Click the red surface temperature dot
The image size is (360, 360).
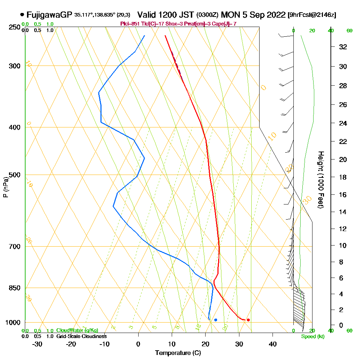(x=248, y=320)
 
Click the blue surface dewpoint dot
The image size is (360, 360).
(x=216, y=320)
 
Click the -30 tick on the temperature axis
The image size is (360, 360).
(x=37, y=344)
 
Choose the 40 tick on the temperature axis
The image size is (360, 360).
(x=273, y=344)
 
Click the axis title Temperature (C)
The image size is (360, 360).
(x=178, y=353)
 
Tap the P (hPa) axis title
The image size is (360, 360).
(x=5, y=187)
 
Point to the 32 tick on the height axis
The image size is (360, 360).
(x=343, y=47)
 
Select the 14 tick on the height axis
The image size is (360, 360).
(x=343, y=212)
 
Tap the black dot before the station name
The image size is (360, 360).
(x=22, y=15)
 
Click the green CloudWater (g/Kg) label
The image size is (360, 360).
(x=77, y=330)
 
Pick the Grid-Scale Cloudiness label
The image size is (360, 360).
(x=81, y=336)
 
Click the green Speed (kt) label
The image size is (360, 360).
(x=312, y=336)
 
